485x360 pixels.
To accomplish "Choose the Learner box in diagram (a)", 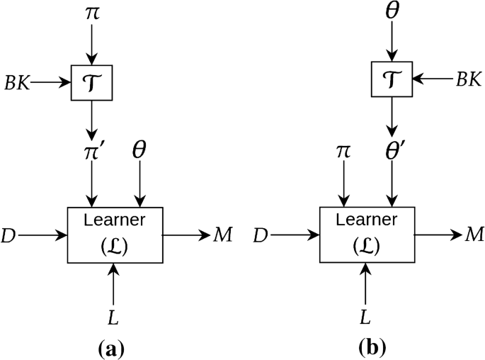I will coord(115,234).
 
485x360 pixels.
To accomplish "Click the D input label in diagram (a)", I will coord(8,235).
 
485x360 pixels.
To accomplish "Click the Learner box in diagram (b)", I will coord(367,234).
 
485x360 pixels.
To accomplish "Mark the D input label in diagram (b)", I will coord(261,235).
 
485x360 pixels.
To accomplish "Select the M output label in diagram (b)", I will coord(474,235).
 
